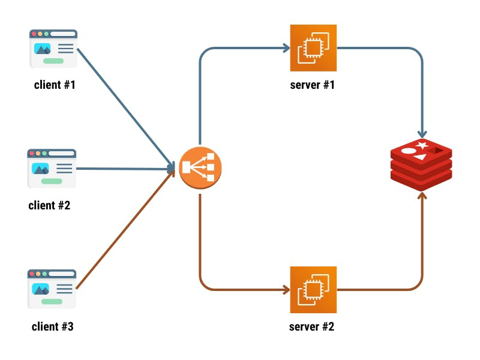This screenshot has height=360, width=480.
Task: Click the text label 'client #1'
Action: pyautogui.click(x=55, y=85)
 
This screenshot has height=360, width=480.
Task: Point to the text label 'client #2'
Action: pyautogui.click(x=49, y=206)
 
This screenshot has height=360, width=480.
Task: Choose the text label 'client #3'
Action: pyautogui.click(x=53, y=327)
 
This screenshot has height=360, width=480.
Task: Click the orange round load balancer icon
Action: pyautogui.click(x=200, y=168)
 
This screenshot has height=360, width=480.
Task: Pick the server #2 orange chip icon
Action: pyautogui.click(x=313, y=290)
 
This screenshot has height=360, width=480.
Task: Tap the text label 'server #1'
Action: pyautogui.click(x=312, y=85)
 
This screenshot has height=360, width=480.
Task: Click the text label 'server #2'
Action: pyautogui.click(x=312, y=327)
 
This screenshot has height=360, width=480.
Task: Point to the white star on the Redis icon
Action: pyautogui.click(x=422, y=146)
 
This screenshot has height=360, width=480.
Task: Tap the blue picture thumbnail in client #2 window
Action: pyautogui.click(x=41, y=168)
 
